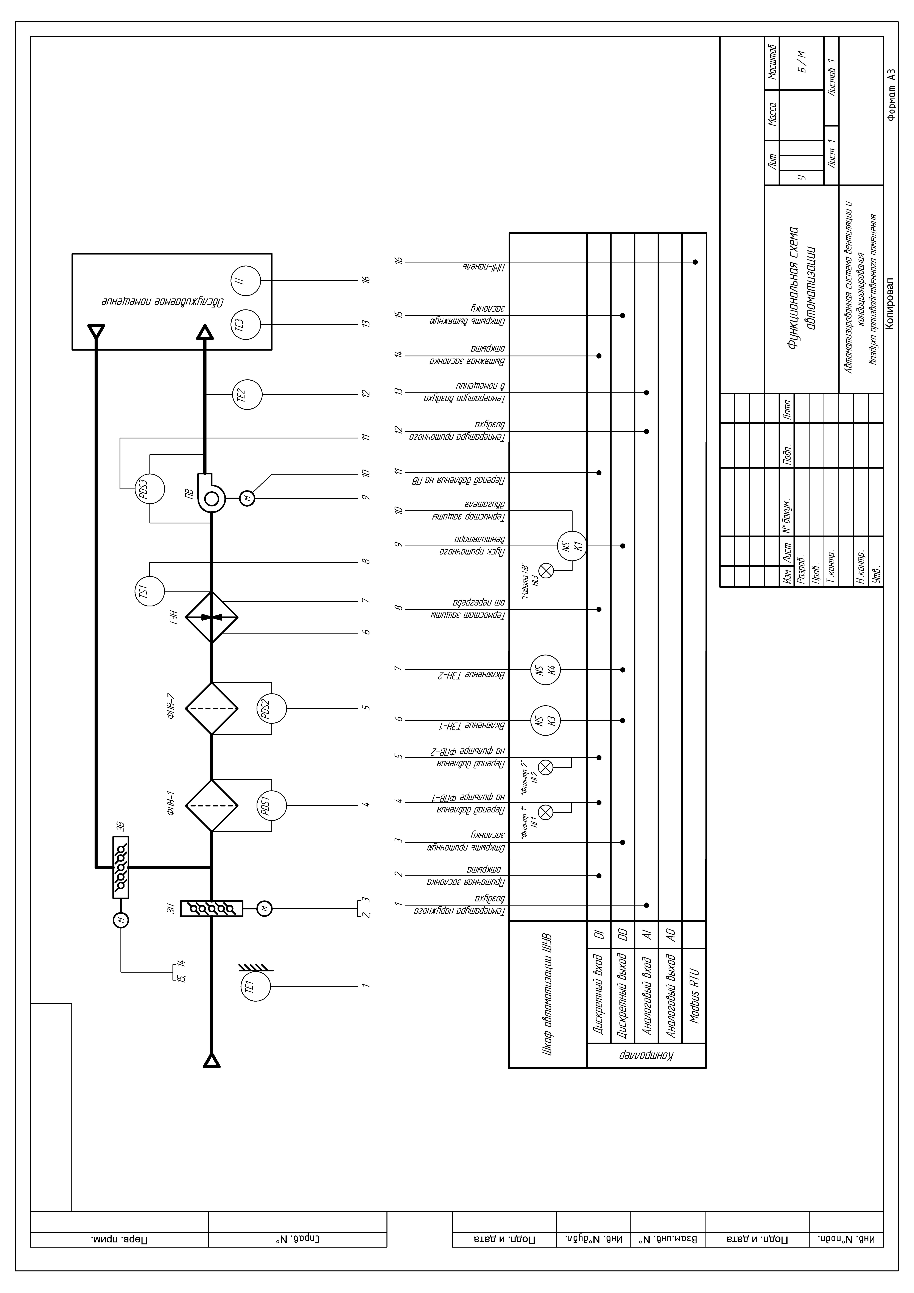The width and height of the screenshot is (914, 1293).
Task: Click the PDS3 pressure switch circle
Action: coord(150,488)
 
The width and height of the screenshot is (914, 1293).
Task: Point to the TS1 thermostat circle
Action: coord(150,591)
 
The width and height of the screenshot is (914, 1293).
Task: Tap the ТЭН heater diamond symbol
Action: coord(212,617)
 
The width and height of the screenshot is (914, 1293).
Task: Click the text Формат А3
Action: coord(890,96)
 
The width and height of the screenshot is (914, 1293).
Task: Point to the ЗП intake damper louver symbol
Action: coord(212,908)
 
